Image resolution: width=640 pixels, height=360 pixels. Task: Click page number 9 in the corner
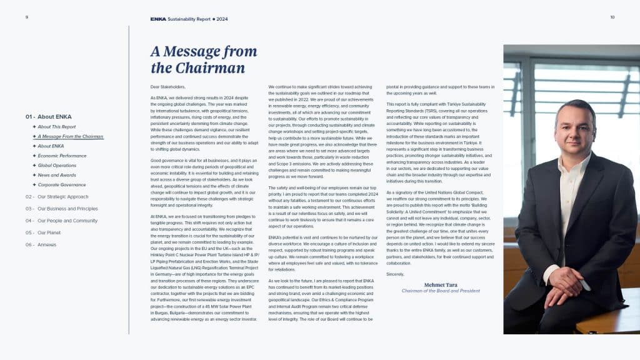[x=27, y=17]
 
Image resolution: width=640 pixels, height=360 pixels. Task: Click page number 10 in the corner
[x=612, y=17]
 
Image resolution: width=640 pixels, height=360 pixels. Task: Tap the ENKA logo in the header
[x=158, y=19]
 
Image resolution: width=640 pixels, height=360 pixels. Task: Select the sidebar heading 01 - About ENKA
[x=49, y=117]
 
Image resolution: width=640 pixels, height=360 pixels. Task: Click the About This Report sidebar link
[x=56, y=127]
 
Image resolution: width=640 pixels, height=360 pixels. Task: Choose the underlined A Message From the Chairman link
[x=70, y=136]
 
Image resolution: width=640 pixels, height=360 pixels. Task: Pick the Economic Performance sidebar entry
[x=62, y=156]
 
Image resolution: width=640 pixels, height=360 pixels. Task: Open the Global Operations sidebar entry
[x=57, y=166]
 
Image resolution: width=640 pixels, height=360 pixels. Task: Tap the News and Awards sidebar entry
[x=57, y=176]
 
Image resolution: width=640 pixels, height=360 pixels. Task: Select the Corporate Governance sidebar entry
[x=61, y=185]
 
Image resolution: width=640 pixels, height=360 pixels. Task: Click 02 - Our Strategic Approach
[x=57, y=196]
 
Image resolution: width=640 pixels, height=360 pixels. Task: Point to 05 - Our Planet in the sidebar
[x=43, y=232]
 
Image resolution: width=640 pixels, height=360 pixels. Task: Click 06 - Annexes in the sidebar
[x=41, y=244]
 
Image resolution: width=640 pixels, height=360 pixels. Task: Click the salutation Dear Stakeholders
[x=168, y=87]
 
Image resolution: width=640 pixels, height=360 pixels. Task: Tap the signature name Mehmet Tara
[x=441, y=285]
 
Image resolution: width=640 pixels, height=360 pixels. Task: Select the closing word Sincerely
[x=396, y=274]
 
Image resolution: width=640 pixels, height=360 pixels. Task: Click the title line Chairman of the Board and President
[x=440, y=291]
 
